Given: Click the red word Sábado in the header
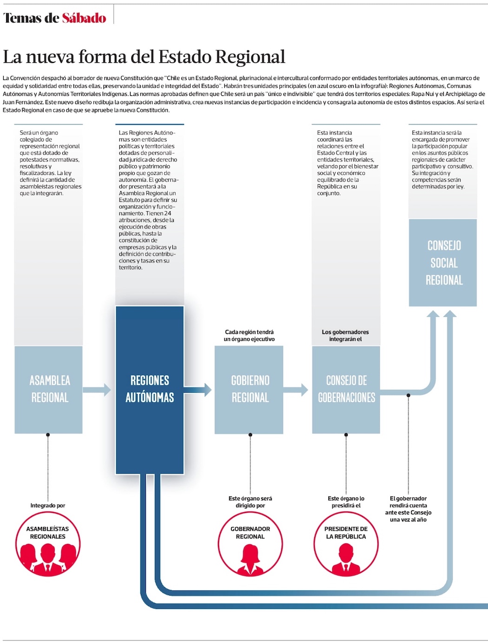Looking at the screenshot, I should coord(84,18).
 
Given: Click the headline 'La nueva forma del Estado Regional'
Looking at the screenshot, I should coord(144,57).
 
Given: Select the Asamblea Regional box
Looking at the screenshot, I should coord(49,389).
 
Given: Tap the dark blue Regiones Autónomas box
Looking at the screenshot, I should coord(150,389).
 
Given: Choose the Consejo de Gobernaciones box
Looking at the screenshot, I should coord(346,389).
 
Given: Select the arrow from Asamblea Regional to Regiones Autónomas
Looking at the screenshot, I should coord(98,389).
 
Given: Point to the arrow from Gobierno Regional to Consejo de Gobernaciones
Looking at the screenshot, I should coord(296,389).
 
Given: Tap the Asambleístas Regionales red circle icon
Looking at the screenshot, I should coord(48,544).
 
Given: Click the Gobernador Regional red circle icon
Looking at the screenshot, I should coord(250,544).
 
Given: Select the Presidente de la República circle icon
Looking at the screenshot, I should coord(346,544).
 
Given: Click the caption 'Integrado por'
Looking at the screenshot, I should coord(48,506).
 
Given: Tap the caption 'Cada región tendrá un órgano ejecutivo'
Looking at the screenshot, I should coord(249,335).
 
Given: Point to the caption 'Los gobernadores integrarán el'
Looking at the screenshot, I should coord(345,335).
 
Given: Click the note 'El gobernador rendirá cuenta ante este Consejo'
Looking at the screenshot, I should coord(408,509).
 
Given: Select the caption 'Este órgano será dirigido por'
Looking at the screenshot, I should coord(250,502).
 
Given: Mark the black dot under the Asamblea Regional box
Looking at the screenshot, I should coord(48,435).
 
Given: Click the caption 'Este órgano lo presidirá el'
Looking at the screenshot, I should coord(346,502).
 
